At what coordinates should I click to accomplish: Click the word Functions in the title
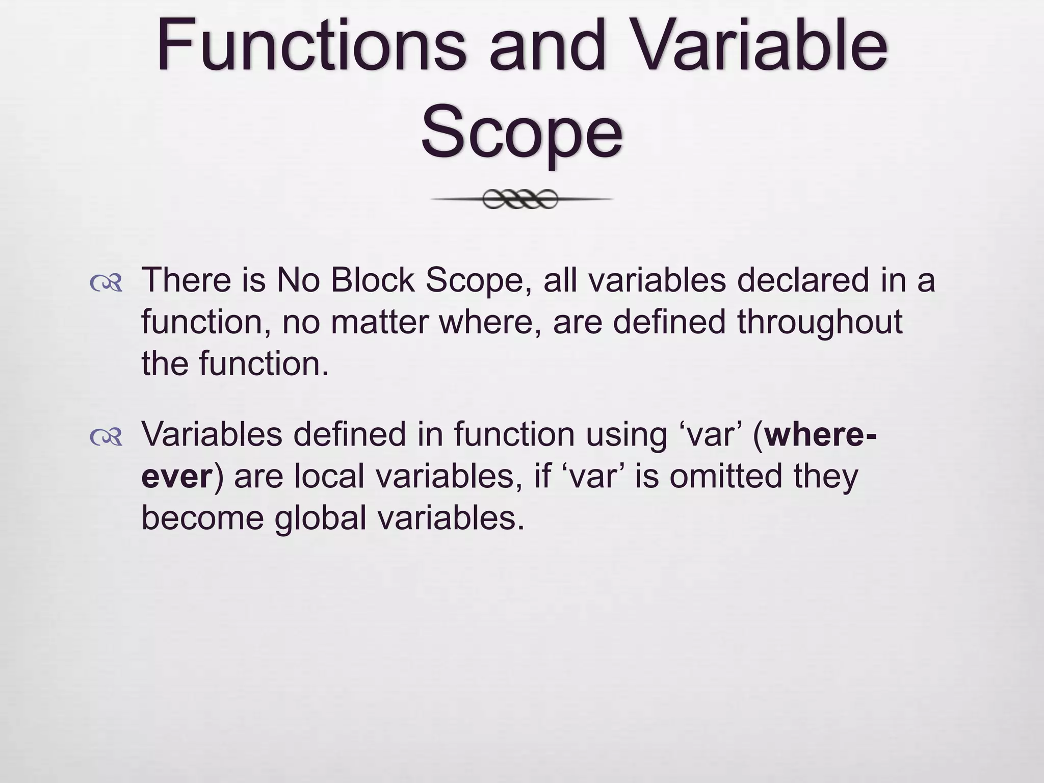click(311, 46)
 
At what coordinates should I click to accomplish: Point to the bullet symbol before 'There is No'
click(106, 283)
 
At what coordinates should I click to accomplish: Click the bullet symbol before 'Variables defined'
click(106, 437)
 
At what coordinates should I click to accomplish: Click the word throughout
click(820, 322)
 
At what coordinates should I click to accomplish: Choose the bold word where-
click(821, 434)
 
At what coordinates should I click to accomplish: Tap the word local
click(329, 477)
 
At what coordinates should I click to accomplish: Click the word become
click(202, 518)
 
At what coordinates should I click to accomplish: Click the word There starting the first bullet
click(186, 280)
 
